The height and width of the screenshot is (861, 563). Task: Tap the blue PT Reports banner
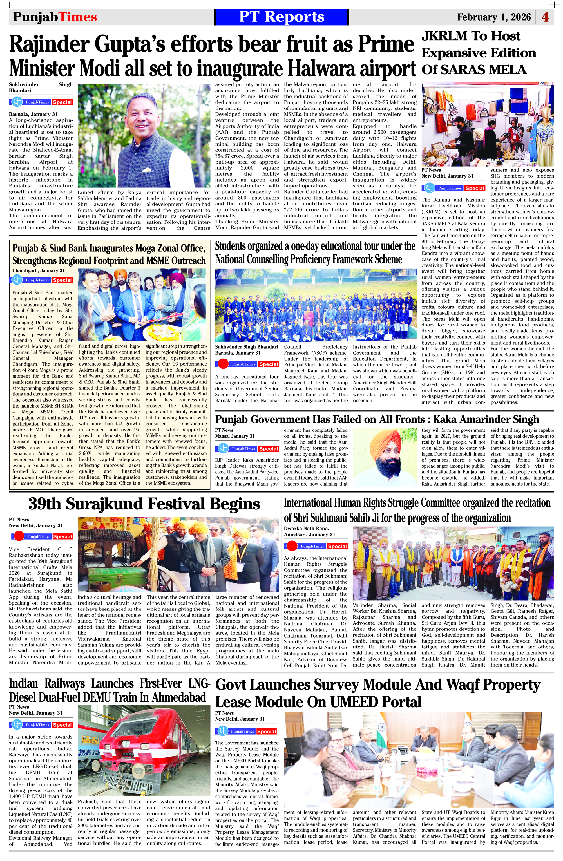(x=281, y=17)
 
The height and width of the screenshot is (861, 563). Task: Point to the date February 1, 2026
(x=493, y=17)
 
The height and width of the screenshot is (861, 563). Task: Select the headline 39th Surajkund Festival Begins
(x=144, y=504)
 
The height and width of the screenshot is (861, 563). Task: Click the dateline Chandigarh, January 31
(x=38, y=270)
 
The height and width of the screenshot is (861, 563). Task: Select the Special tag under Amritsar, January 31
(x=337, y=546)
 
